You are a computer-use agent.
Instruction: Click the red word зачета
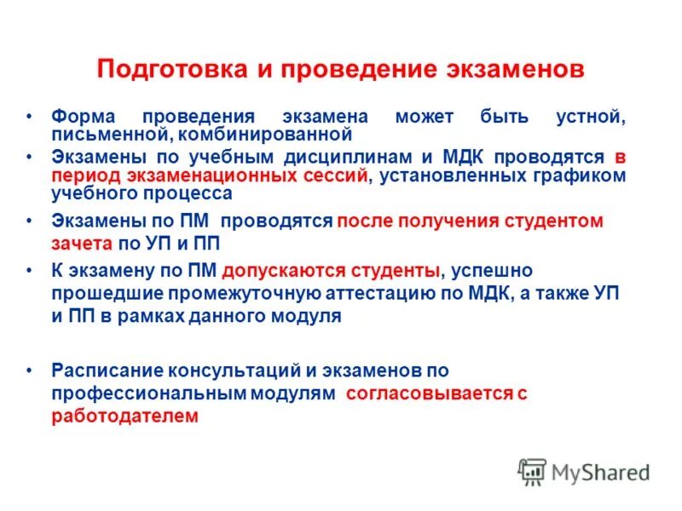pos(83,243)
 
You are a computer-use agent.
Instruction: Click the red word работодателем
pos(124,416)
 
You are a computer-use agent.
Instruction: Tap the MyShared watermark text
pos(600,471)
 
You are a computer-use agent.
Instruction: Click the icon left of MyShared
pos(532,471)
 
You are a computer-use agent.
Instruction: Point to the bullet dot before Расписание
pos(30,370)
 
